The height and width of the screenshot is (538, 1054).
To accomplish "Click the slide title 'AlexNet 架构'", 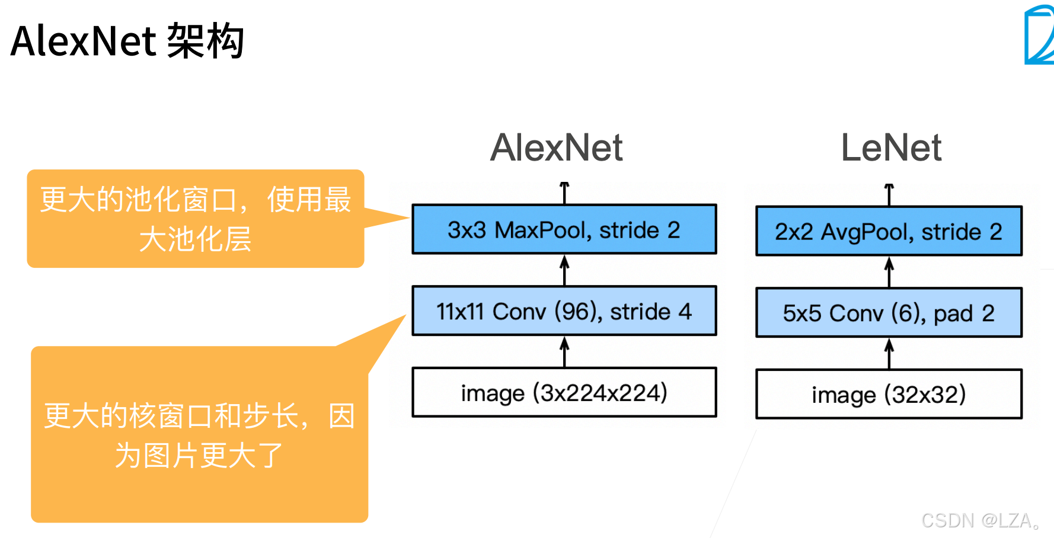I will point(127,41).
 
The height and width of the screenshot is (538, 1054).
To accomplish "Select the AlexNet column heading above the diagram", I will point(556,148).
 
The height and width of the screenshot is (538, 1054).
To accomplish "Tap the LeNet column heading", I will point(891,148).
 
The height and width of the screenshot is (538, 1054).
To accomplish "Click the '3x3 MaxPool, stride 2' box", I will point(564,230).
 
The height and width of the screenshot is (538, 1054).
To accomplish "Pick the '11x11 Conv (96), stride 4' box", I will point(564,311).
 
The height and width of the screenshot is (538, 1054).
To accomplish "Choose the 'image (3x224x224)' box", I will point(564,392).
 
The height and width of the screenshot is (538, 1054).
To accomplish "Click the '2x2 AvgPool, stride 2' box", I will point(888,231).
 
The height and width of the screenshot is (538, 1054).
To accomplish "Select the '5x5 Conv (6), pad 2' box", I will point(888,313).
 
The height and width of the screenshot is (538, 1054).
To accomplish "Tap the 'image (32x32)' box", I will point(888,394).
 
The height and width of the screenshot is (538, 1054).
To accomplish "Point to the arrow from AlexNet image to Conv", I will point(564,352).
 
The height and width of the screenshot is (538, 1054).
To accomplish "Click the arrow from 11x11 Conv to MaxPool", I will point(564,270).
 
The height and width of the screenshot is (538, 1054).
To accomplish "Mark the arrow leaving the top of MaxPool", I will point(564,193).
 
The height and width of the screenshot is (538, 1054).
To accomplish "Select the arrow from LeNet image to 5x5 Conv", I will point(889,354).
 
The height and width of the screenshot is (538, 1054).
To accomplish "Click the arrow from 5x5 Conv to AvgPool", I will point(889,272).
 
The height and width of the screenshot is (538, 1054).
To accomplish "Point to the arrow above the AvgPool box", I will point(889,195).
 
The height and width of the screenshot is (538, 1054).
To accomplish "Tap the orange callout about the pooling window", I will point(195,219).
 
